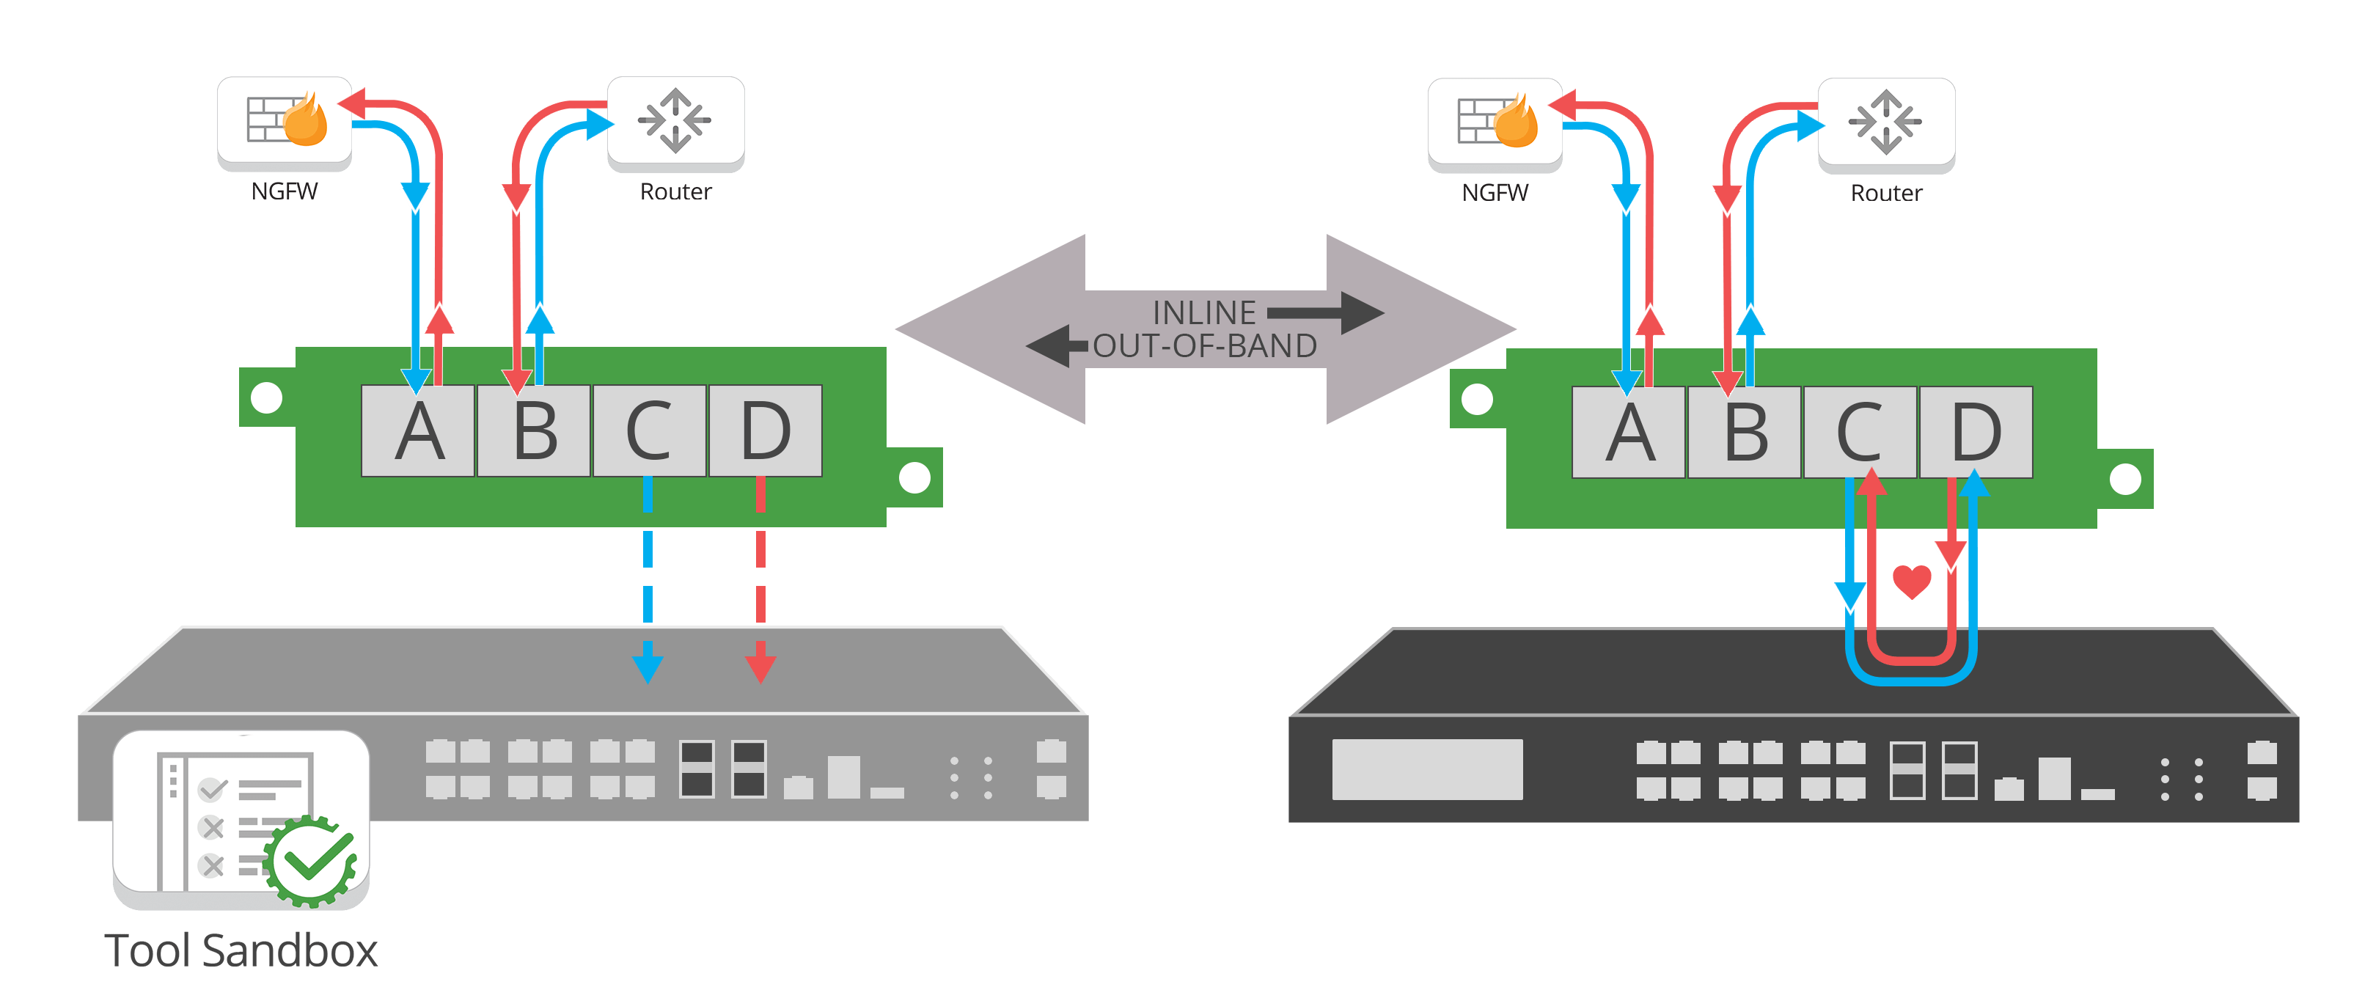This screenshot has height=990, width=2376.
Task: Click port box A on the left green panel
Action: pyautogui.click(x=418, y=431)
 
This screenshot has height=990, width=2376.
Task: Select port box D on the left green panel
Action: pyautogui.click(x=765, y=431)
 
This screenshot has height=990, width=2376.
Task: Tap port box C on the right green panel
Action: pyautogui.click(x=1860, y=433)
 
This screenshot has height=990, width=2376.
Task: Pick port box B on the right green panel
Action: pyautogui.click(x=1744, y=433)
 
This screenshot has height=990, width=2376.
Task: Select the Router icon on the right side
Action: pyautogui.click(x=1885, y=122)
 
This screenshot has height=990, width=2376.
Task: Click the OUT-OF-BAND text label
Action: pyautogui.click(x=1205, y=346)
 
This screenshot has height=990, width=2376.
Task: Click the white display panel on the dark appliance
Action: pyautogui.click(x=1426, y=769)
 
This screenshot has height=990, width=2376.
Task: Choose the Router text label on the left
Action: pyautogui.click(x=676, y=192)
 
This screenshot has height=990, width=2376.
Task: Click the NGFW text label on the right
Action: pyautogui.click(x=1495, y=193)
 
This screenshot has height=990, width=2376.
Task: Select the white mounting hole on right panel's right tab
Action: pyautogui.click(x=2125, y=479)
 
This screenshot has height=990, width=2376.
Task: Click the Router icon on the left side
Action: pyautogui.click(x=675, y=121)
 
